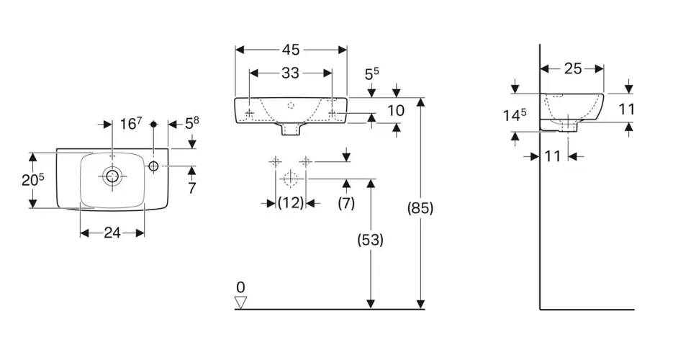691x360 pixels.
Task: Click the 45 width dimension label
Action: click(x=291, y=50)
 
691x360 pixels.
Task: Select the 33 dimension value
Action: click(x=290, y=73)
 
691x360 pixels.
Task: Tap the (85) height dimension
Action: click(x=420, y=208)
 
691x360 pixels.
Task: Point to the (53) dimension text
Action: click(x=371, y=240)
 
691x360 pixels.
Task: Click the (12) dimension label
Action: click(x=291, y=203)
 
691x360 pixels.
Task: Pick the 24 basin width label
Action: click(x=112, y=233)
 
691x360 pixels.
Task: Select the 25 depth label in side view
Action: click(x=573, y=68)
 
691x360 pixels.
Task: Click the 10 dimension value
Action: click(x=396, y=110)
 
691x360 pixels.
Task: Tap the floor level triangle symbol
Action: click(x=240, y=302)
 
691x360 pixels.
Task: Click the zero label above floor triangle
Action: click(x=240, y=287)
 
